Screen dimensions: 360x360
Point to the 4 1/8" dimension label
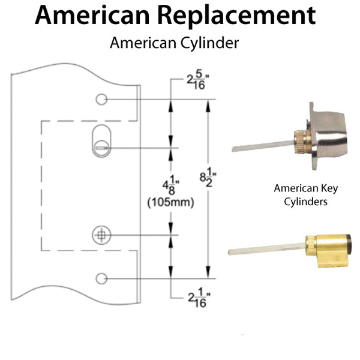pyautogui.click(x=161, y=186)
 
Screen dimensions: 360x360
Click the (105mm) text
pyautogui.click(x=170, y=203)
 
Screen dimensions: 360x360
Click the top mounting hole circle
pyautogui.click(x=102, y=99)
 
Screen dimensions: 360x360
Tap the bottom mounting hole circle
pyautogui.click(x=102, y=278)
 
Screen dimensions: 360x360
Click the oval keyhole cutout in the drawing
pyautogui.click(x=102, y=140)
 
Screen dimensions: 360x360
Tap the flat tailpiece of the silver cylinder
pyautogui.click(x=258, y=146)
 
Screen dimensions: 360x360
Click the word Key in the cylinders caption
pyautogui.click(x=329, y=188)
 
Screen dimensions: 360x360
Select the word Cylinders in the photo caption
pyautogui.click(x=306, y=202)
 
